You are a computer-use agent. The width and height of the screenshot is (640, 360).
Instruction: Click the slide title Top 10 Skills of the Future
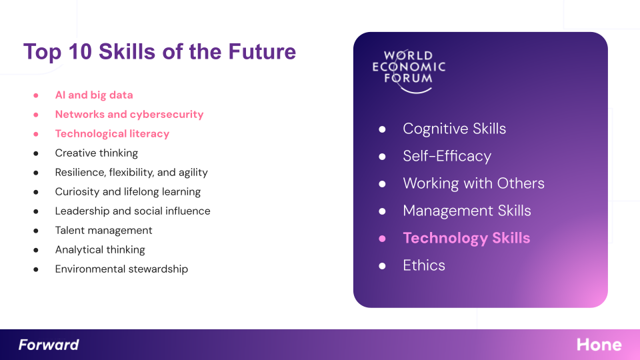[x=159, y=52]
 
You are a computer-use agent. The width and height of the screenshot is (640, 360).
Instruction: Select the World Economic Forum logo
[x=409, y=71]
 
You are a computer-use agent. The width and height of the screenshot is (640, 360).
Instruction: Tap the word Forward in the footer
[x=49, y=345]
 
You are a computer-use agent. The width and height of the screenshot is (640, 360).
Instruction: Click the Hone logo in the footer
[x=599, y=345]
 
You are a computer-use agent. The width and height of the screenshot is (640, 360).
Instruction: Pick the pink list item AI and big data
[x=94, y=95]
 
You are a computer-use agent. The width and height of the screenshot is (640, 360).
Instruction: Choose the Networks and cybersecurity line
[x=129, y=114]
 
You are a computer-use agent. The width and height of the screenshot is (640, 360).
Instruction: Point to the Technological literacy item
[x=112, y=134]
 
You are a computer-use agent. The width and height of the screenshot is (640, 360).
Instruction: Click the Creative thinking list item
[x=96, y=153]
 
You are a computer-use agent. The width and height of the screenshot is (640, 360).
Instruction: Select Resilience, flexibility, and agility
[x=131, y=173]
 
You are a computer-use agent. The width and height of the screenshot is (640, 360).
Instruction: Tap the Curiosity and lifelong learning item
[x=128, y=192]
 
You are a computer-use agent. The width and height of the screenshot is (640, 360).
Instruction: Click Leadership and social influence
[x=133, y=211]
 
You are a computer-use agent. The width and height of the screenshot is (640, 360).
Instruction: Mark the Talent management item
[x=104, y=231]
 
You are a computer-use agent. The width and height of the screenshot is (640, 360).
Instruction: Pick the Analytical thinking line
[x=100, y=250]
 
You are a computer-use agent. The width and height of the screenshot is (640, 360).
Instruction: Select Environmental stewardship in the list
[x=121, y=269]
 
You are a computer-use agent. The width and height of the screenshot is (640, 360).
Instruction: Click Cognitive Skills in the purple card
[x=454, y=129]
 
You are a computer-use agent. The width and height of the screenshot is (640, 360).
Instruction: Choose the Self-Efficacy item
[x=447, y=156]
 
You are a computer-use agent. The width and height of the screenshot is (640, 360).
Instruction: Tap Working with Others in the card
[x=473, y=184]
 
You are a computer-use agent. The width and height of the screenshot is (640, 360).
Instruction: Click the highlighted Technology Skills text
[x=467, y=238]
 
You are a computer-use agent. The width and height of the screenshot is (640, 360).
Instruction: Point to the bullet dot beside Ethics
[x=382, y=266]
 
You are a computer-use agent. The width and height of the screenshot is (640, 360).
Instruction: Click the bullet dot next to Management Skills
[x=382, y=211]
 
